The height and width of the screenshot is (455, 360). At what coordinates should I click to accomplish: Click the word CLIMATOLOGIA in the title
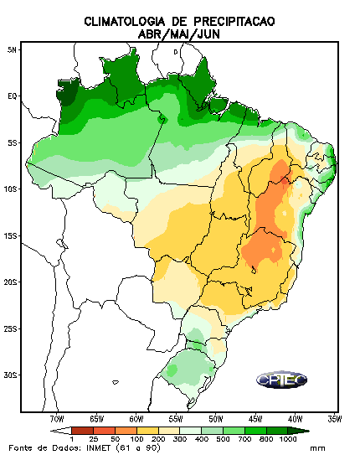coord(125,22)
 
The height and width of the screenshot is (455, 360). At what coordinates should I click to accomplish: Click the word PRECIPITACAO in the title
coord(234,22)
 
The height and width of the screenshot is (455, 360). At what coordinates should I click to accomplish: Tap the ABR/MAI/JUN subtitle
coord(179,34)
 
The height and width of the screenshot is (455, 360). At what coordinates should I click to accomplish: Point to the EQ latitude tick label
coord(13,96)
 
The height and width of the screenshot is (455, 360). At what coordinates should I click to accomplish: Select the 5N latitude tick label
coord(13,50)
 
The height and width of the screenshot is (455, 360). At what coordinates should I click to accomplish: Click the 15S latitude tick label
coord(10,235)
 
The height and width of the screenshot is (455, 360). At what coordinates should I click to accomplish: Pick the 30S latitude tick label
coord(10,375)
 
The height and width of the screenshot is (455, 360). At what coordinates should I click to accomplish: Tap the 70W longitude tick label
coord(57,419)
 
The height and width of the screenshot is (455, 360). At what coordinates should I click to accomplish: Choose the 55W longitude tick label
coord(176,419)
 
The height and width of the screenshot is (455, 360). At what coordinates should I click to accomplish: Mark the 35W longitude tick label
coord(334,419)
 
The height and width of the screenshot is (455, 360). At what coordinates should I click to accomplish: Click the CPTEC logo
coord(281,380)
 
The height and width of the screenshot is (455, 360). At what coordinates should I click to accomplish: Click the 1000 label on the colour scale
coord(288,439)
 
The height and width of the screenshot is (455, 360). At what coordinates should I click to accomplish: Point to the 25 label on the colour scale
coord(93,439)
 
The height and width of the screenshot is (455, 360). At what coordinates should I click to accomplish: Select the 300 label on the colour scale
coord(180,439)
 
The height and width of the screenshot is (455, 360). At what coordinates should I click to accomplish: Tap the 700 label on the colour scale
coord(244,439)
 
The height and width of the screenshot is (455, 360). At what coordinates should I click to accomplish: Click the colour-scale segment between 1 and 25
coord(82,431)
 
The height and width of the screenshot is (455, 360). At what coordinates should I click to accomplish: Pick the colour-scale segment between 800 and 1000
coord(277,431)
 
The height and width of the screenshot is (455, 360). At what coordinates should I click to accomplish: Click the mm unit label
coord(317,448)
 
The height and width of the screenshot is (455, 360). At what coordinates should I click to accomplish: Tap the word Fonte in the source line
coord(20,447)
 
